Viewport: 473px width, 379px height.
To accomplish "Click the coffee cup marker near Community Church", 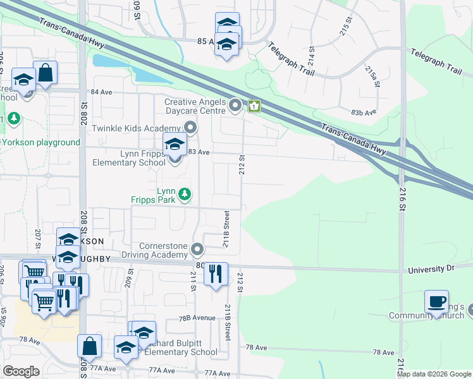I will pyautogui.click(x=436, y=302).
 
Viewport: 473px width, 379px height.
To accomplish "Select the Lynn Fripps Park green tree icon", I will pyautogui.click(x=185, y=194).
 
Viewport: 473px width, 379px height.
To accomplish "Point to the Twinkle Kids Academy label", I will pyautogui.click(x=136, y=128).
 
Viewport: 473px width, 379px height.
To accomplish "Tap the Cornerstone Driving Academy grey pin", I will pyautogui.click(x=198, y=250).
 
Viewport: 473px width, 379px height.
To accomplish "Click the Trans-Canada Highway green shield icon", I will pyautogui.click(x=254, y=106).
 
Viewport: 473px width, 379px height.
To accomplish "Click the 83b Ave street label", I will pyautogui.click(x=364, y=112).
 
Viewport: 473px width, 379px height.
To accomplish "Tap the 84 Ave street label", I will pyautogui.click(x=101, y=92).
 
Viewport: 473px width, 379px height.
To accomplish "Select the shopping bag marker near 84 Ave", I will pyautogui.click(x=46, y=73).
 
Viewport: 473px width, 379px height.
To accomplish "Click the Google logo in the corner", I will pyautogui.click(x=21, y=371).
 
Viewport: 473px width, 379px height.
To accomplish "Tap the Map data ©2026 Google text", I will pyautogui.click(x=434, y=374).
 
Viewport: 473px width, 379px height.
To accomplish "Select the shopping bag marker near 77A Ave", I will pyautogui.click(x=89, y=346).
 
